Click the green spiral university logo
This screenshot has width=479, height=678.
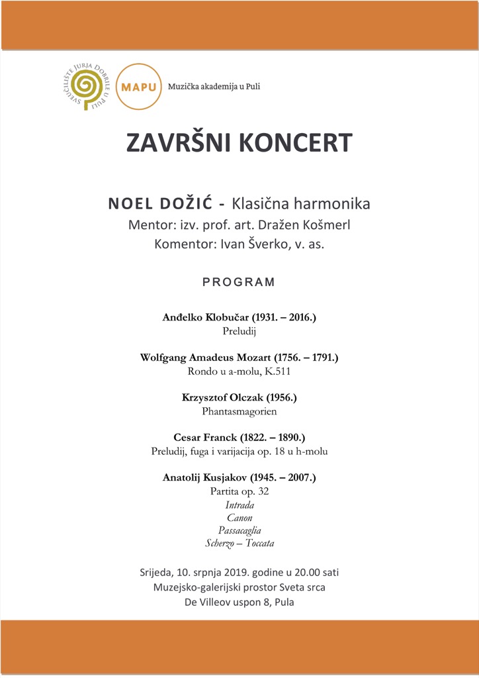coord(84,86)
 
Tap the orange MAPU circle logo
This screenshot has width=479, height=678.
coord(138,87)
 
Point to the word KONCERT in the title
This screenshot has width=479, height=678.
coord(296,143)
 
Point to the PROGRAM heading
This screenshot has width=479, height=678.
coord(239,282)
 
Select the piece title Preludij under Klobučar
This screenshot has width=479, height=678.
coord(239,331)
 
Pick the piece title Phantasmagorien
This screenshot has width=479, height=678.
coord(239,411)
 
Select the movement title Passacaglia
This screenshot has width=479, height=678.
coord(239,530)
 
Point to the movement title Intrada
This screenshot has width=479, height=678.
coord(239,505)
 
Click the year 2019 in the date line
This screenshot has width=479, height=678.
coord(232,572)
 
